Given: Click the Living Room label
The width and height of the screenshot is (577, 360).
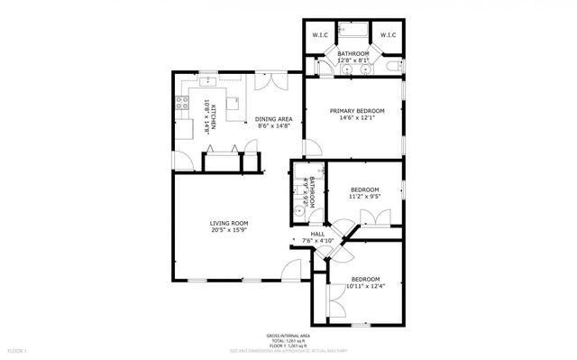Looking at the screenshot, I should click(x=229, y=223).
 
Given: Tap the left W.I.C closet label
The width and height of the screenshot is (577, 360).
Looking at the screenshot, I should click(x=320, y=35).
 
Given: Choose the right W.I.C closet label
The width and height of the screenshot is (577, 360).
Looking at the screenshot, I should click(x=387, y=35).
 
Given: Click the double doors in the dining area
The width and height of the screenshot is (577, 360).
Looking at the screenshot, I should click(x=265, y=81).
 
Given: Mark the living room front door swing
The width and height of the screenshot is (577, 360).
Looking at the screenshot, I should click(x=290, y=269).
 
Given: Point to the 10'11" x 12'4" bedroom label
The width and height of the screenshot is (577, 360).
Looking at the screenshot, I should click(x=364, y=280).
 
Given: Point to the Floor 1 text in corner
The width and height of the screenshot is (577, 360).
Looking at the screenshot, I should click(x=19, y=350).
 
